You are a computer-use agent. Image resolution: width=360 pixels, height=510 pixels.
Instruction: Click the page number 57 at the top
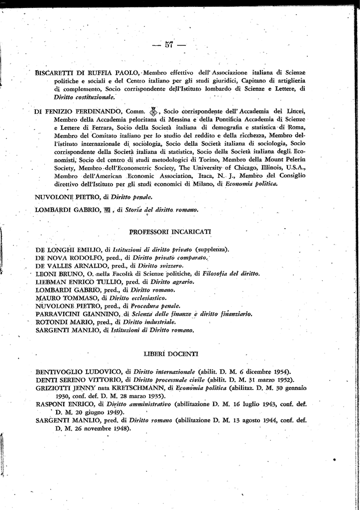pos(169,45)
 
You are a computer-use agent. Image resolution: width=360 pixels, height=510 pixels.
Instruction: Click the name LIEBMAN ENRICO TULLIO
pos(73,282)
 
